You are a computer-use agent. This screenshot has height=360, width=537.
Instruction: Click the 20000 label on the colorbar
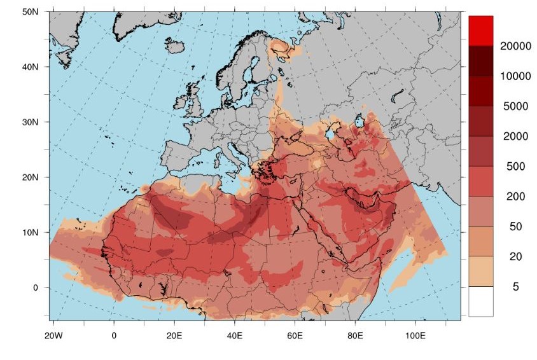[x=515, y=46]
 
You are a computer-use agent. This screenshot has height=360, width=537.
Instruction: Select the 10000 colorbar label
[x=515, y=76]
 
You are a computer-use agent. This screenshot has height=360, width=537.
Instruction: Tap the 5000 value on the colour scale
[x=515, y=106]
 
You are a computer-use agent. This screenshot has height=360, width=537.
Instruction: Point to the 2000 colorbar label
[x=515, y=136]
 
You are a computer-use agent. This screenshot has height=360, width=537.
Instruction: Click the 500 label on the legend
[x=515, y=167]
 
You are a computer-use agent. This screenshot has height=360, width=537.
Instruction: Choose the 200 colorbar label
[x=515, y=197]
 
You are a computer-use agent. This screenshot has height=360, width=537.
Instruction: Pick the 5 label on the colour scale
[x=515, y=287]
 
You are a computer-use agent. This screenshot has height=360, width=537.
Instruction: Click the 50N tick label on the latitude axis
[x=30, y=11]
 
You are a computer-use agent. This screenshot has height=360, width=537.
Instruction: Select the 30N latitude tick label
[x=30, y=121]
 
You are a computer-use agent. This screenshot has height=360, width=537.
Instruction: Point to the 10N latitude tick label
[x=30, y=232]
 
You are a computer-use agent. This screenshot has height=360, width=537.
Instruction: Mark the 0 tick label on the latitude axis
[x=36, y=287]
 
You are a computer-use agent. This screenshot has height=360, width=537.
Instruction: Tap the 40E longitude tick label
[x=234, y=335]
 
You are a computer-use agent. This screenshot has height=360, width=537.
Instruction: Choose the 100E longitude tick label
[x=415, y=335]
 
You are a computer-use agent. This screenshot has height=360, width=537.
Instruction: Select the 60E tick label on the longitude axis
[x=295, y=335]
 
